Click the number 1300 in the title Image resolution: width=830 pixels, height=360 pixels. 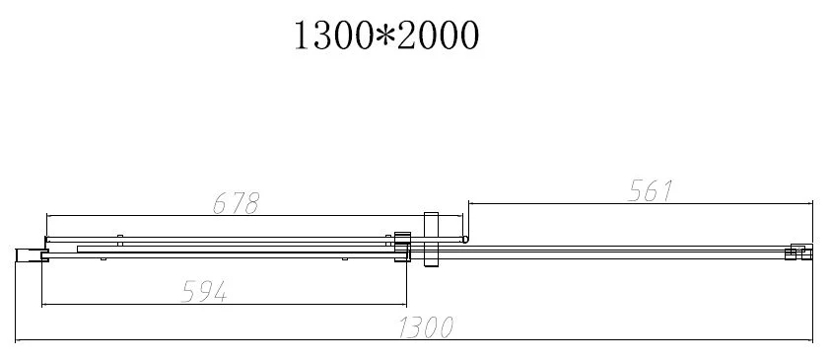(332, 36)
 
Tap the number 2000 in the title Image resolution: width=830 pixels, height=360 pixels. (439, 36)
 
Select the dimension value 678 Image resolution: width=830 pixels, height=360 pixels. (236, 203)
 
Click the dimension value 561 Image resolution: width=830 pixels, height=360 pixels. (650, 191)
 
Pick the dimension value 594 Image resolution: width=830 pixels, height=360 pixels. (204, 292)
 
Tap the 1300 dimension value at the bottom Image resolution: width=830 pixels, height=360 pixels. (426, 327)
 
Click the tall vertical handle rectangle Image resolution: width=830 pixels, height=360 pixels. (432, 240)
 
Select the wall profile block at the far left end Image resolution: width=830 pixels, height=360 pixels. (32, 255)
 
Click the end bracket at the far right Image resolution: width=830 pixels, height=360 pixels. (798, 252)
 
